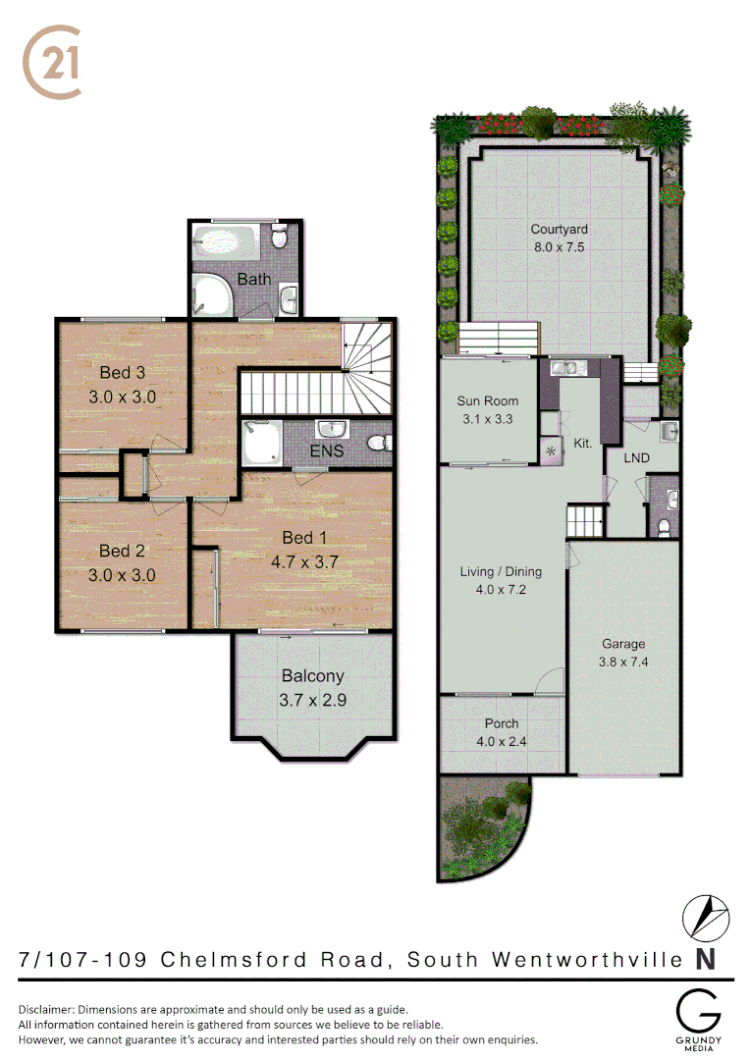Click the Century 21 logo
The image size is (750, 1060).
(51, 61)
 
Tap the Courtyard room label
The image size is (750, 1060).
(559, 230)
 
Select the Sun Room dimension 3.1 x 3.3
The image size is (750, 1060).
(488, 419)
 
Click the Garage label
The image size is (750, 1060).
(623, 644)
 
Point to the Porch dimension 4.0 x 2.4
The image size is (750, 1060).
(502, 741)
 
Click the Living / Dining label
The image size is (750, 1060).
(502, 571)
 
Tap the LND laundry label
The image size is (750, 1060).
(637, 457)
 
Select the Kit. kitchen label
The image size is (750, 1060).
(582, 444)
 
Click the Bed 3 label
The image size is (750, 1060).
(123, 373)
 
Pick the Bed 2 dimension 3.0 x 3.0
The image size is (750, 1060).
(123, 576)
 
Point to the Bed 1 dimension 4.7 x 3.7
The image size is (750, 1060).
(304, 562)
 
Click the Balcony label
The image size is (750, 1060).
(313, 675)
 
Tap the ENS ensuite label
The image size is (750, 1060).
(326, 452)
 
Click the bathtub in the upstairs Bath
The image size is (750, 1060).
(226, 238)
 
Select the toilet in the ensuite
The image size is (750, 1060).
(376, 444)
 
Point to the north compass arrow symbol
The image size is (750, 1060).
(705, 917)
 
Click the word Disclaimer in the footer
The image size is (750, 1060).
(46, 1009)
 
